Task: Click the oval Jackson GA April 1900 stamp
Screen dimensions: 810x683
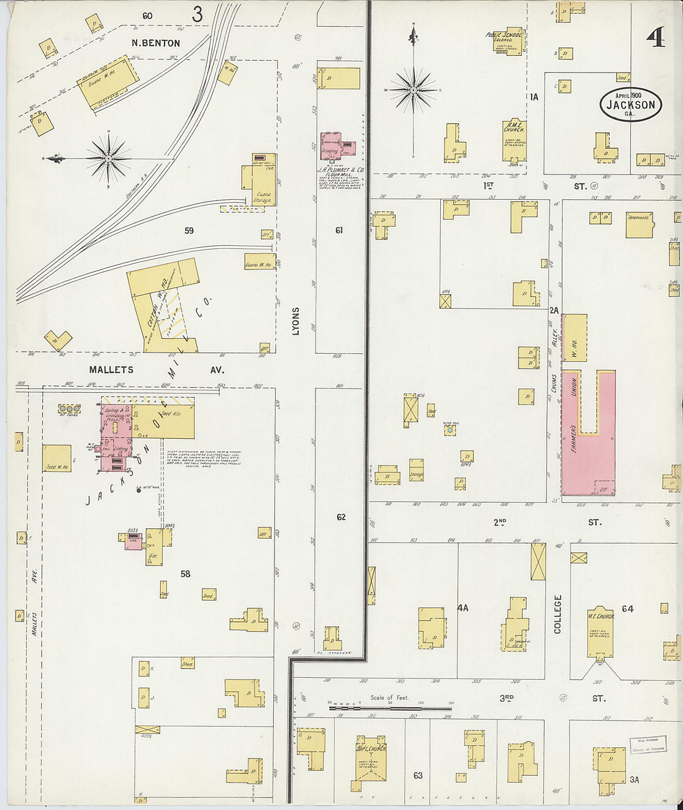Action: (x=630, y=104)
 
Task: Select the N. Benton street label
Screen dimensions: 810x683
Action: (x=156, y=43)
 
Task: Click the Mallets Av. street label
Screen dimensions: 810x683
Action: (x=155, y=370)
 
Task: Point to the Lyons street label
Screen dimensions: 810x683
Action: (x=296, y=322)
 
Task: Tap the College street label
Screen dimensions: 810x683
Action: (x=558, y=614)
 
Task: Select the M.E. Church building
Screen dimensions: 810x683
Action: (x=600, y=633)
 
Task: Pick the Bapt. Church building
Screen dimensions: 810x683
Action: (x=371, y=760)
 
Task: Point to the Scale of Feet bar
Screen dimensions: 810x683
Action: (x=390, y=707)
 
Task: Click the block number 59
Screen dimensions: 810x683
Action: (x=189, y=231)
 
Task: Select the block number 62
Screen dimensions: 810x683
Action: (x=341, y=517)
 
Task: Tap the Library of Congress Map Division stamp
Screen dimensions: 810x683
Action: (x=648, y=744)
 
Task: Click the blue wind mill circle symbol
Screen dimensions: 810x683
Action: (x=450, y=429)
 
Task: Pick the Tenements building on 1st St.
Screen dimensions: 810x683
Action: (x=639, y=225)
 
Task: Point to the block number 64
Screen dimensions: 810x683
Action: (x=628, y=609)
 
